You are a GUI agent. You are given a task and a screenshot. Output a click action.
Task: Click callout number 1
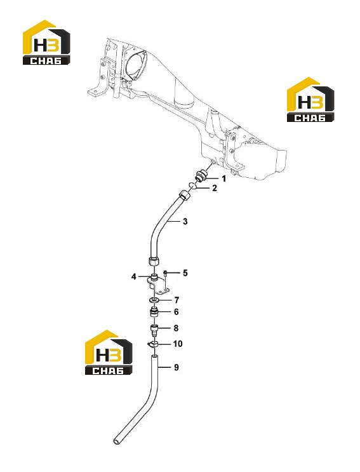pyautogui.click(x=223, y=179)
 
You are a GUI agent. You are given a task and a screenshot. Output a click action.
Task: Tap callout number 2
pyautogui.click(x=215, y=188)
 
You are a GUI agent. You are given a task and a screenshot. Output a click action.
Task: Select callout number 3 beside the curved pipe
pyautogui.click(x=185, y=222)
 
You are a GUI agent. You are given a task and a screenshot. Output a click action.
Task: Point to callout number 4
pyautogui.click(x=134, y=276)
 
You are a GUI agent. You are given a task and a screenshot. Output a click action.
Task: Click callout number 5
pyautogui.click(x=185, y=273)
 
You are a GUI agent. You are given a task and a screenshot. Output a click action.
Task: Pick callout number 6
pyautogui.click(x=177, y=312)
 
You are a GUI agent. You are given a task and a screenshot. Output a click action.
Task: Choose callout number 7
pyautogui.click(x=177, y=300)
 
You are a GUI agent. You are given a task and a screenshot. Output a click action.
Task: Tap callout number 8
pyautogui.click(x=177, y=328)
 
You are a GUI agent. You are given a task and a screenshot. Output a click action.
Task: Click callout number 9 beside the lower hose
pyautogui.click(x=177, y=367)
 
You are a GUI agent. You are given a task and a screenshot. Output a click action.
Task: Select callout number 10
pyautogui.click(x=178, y=344)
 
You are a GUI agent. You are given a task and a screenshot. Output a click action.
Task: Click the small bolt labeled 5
pyautogui.click(x=166, y=273)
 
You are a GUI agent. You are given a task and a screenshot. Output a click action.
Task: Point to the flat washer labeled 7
pyautogui.click(x=154, y=300)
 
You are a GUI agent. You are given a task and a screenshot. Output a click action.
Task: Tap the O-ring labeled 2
pyautogui.click(x=193, y=185)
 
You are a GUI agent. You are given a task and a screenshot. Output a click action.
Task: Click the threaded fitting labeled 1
pyautogui.click(x=200, y=176)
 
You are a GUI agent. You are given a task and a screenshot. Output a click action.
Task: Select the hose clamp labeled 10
pyautogui.click(x=154, y=344)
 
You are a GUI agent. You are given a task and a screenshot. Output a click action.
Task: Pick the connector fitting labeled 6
pyautogui.click(x=154, y=311)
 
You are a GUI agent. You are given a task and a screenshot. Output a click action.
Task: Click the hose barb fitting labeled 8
pyautogui.click(x=154, y=330)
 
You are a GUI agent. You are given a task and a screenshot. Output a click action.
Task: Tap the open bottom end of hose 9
pyautogui.click(x=116, y=442)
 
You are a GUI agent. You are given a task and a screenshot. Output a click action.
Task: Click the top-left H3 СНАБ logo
pyautogui.click(x=46, y=42)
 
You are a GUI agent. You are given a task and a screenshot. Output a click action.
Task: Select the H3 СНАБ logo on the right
pyautogui.click(x=310, y=100)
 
